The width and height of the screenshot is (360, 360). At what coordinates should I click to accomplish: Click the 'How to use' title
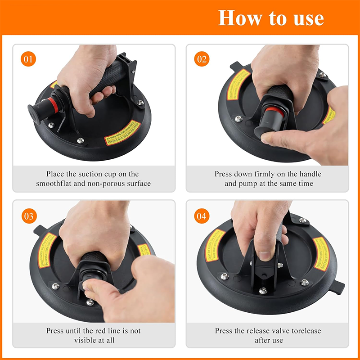point(271,18)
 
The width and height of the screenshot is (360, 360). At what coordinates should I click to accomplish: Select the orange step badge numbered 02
point(202,59)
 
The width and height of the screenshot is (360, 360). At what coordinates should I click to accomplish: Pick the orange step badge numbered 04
point(202,216)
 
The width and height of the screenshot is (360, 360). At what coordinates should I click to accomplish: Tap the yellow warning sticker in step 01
point(122,133)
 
